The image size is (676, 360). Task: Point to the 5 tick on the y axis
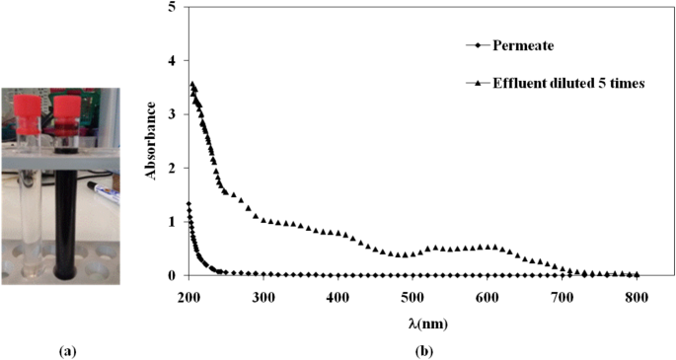[175, 7]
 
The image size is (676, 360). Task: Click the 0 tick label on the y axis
[175, 276]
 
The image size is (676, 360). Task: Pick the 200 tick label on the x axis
[188, 295]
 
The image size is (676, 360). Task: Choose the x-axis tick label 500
[413, 295]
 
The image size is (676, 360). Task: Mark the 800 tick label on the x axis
[637, 295]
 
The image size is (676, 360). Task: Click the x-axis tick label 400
[338, 295]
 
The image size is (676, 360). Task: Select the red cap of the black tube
[66, 103]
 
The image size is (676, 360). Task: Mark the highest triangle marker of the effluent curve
[192, 84]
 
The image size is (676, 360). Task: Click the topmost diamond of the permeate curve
[188, 204]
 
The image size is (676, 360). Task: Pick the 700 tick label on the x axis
[562, 295]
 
